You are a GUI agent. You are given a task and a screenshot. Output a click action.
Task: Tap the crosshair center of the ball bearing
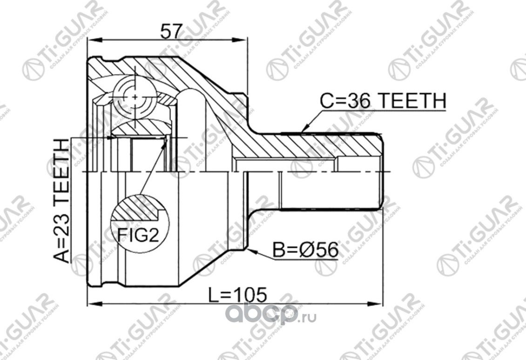click(135, 97)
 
